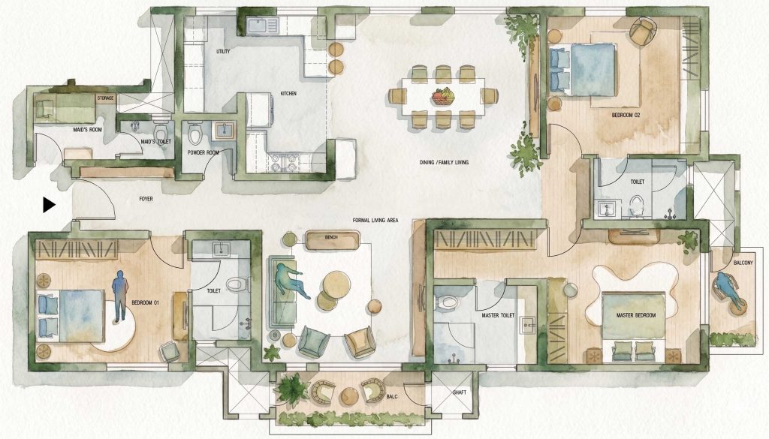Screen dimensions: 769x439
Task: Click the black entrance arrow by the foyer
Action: click(x=49, y=205)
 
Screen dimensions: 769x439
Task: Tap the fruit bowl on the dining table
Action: click(x=443, y=95)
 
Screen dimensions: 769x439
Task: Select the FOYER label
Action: click(x=146, y=199)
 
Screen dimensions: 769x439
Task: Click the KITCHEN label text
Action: click(x=288, y=93)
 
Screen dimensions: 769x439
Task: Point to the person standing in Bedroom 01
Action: click(x=119, y=296)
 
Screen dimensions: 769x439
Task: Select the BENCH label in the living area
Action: click(x=331, y=237)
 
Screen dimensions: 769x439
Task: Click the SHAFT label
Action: click(x=460, y=392)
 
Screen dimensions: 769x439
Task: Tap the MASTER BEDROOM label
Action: click(x=635, y=315)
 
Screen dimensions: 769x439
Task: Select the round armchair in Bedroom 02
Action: click(x=642, y=30)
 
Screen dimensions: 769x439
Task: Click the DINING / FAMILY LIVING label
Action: click(x=444, y=162)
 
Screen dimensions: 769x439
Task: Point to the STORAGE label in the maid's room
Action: click(x=105, y=98)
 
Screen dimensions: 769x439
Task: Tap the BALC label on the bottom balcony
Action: click(x=392, y=396)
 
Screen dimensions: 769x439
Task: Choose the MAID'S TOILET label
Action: click(x=155, y=142)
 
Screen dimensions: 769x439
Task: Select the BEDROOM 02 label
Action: click(x=626, y=115)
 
